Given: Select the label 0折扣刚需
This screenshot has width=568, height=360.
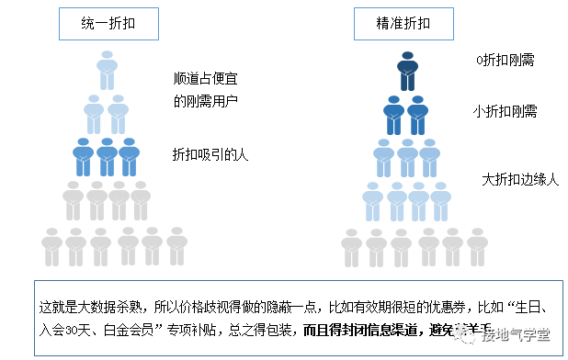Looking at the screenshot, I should pyautogui.click(x=505, y=61).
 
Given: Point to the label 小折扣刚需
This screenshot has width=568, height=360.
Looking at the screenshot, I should pyautogui.click(x=505, y=111).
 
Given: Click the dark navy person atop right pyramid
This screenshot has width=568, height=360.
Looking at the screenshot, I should pyautogui.click(x=408, y=71).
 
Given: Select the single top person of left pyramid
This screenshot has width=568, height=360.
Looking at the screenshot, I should pyautogui.click(x=107, y=71).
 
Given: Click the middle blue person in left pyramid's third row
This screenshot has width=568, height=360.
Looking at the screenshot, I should pyautogui.click(x=107, y=157).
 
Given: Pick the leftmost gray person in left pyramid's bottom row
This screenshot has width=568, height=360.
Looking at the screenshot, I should pyautogui.click(x=52, y=245).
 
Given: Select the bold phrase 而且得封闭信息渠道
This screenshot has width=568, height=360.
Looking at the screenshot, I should pyautogui.click(x=364, y=329).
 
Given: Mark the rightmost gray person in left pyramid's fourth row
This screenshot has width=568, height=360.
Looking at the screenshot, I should pyautogui.click(x=141, y=201).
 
